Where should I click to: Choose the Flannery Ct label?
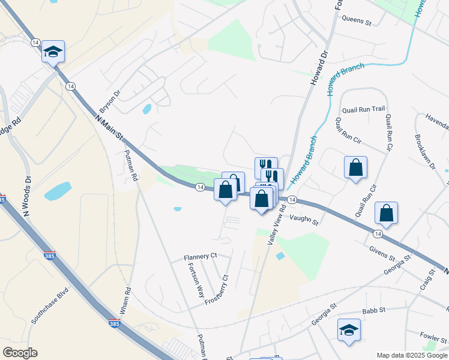pos(200,257)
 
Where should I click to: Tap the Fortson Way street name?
pos(196,280)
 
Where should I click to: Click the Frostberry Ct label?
pos(217,290)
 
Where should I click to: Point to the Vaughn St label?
pos(305,220)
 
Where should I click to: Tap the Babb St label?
pos(374,311)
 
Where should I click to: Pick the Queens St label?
pos(357,19)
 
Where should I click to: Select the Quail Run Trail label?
pos(363,109)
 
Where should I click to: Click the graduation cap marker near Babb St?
pos(349,330)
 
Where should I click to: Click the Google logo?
pos(19,353)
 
